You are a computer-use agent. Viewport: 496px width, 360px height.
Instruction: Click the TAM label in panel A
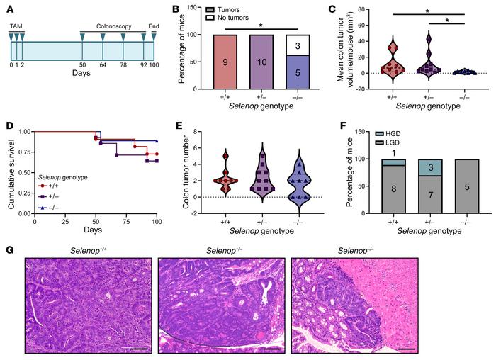[x=16, y=26]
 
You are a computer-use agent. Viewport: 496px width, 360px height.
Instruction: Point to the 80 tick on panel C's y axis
[x=351, y=11]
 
